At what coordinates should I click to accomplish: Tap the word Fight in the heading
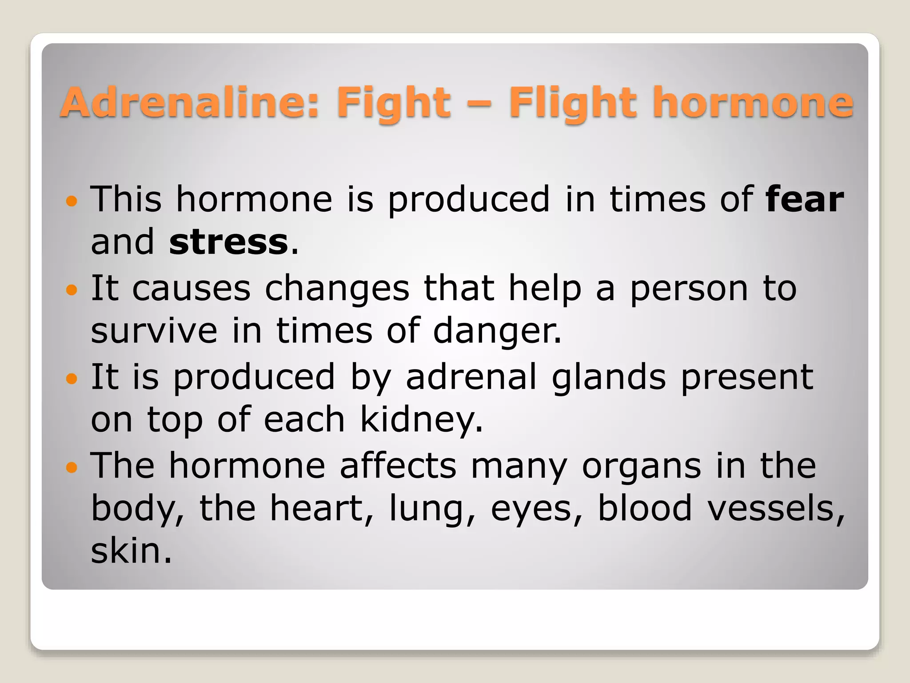[x=394, y=103]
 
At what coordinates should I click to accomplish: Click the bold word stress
[x=229, y=242]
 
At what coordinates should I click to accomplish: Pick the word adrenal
[x=471, y=377]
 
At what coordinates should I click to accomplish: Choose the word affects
[x=398, y=466]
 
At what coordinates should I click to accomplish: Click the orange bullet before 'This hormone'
[x=71, y=201]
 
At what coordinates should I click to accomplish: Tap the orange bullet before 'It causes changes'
[x=71, y=290]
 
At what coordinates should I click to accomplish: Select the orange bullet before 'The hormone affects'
[x=71, y=468]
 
